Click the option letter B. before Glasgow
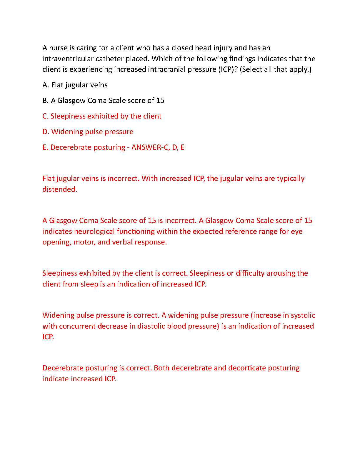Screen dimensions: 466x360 click(45, 101)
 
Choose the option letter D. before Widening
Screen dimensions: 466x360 click(46, 132)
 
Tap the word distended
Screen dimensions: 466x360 click(60, 189)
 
